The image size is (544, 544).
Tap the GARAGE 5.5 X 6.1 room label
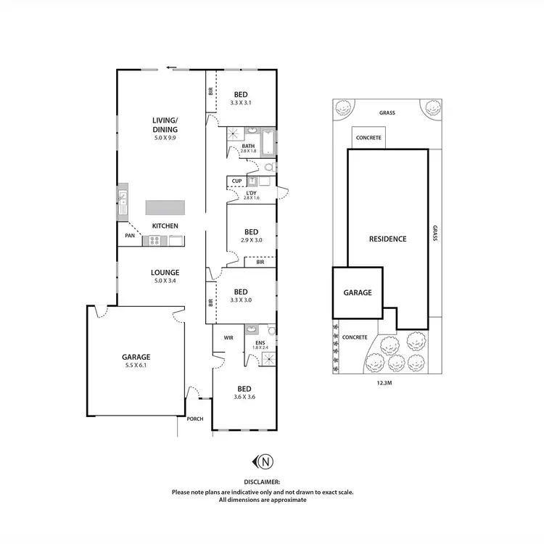pos(136,361)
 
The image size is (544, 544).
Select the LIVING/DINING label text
pos(165,125)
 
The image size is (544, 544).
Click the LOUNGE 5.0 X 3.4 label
pos(165,276)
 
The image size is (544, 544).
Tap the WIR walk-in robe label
pos(228,338)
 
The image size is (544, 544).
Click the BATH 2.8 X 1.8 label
pos(248,148)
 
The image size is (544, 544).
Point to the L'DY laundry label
pos(251,194)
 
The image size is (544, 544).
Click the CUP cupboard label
pos(236,181)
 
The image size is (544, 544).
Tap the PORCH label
pos(195,419)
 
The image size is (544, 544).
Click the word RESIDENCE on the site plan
pos(387,239)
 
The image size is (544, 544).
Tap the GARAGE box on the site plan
pos(358,293)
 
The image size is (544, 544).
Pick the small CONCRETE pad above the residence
pos(368,138)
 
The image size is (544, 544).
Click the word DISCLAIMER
pos(263,481)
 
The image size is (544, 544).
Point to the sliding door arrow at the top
pos(171,67)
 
